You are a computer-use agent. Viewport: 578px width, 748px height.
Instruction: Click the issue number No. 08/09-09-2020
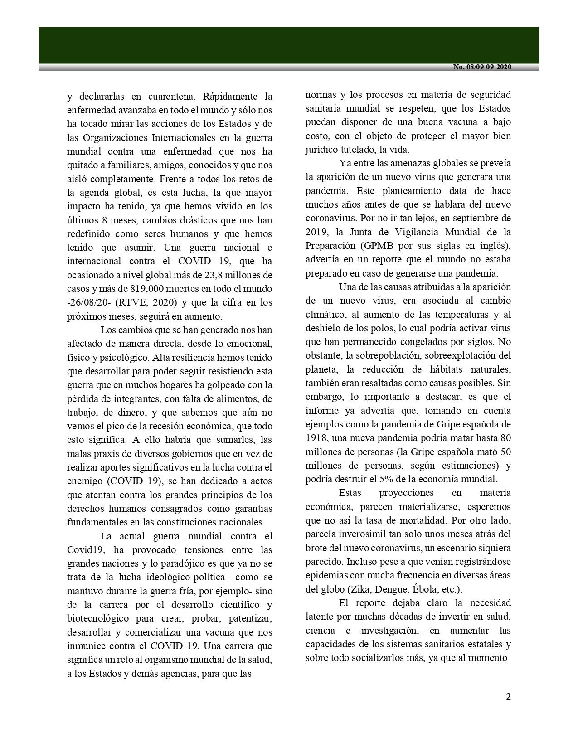click(482, 67)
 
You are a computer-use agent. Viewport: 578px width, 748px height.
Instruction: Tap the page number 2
click(508, 697)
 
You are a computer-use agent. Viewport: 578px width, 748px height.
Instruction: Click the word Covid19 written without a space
click(83, 550)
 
